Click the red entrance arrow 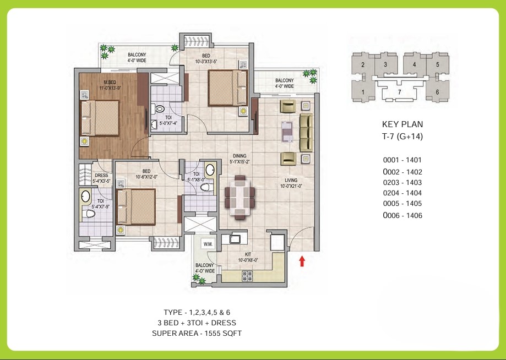(302, 261)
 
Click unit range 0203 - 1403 (402, 182)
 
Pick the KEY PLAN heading (402, 124)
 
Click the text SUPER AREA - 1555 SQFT (197, 333)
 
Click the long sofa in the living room (306, 132)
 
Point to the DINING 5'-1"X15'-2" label (239, 159)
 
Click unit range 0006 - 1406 (402, 216)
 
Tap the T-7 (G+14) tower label (402, 136)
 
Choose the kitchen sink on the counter (233, 239)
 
